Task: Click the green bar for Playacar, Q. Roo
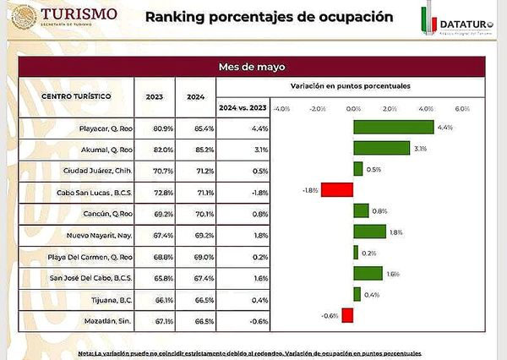pos(393,128)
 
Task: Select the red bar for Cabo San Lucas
pos(336,190)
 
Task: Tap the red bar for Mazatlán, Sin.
pos(347,315)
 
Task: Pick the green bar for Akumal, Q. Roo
pos(381,149)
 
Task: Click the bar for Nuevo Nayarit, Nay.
pos(368,232)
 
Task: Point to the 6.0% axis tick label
pos(462,109)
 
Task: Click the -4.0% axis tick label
pos(281,109)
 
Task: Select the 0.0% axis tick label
pos(353,109)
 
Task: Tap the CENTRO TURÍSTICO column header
pos(76,96)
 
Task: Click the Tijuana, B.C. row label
pos(112,300)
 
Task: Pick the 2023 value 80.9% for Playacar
pos(163,128)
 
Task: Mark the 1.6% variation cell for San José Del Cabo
pos(260,275)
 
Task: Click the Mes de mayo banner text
pos(253,68)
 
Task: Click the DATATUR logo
pos(457,23)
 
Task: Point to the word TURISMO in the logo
pos(79,14)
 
